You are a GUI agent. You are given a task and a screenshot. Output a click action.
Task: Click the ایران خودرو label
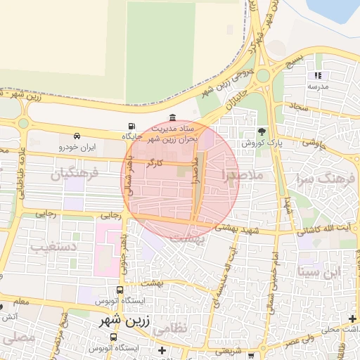(77, 147)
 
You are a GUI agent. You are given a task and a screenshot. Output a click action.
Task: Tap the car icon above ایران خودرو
(77, 136)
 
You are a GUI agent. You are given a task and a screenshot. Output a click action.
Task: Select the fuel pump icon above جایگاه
(132, 126)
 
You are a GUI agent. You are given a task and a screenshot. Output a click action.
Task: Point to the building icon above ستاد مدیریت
(173, 118)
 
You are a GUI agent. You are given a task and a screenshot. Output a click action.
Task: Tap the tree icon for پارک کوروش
(262, 131)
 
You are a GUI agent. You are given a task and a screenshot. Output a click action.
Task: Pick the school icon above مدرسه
(318, 75)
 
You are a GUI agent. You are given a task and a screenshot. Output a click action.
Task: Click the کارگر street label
(154, 163)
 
